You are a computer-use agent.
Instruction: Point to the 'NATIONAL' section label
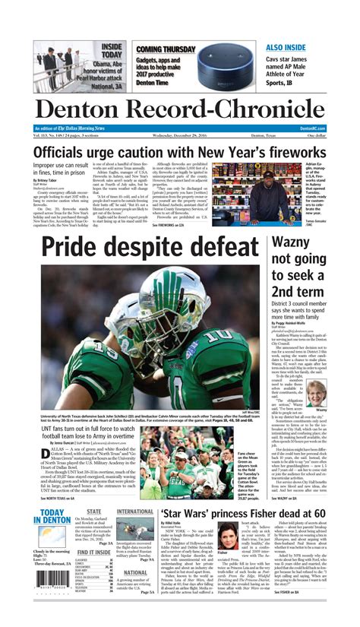pos(135,572)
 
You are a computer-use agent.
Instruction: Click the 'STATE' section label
pos(93,512)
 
